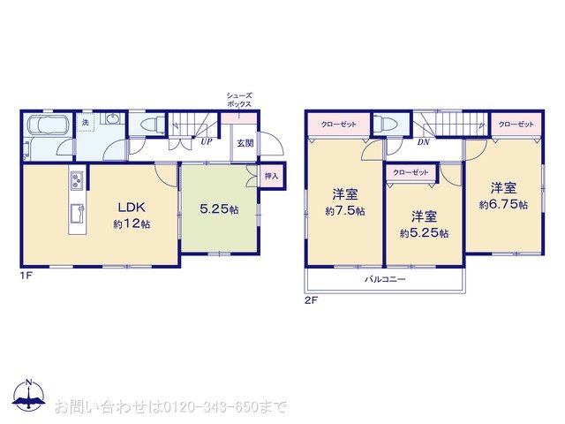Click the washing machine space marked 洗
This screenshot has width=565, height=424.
pyautogui.click(x=86, y=122)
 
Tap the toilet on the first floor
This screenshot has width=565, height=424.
pyautogui.click(x=151, y=125)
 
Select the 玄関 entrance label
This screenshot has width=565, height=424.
pyautogui.click(x=244, y=142)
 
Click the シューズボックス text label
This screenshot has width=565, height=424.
pyautogui.click(x=240, y=100)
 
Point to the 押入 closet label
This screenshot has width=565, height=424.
pyautogui.click(x=271, y=177)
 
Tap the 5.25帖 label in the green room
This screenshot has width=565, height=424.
pyautogui.click(x=218, y=209)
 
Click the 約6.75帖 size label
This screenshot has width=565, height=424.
pyautogui.click(x=503, y=205)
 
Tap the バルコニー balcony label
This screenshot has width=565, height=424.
pyautogui.click(x=385, y=278)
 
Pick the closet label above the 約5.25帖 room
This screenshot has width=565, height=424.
pyautogui.click(x=411, y=172)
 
